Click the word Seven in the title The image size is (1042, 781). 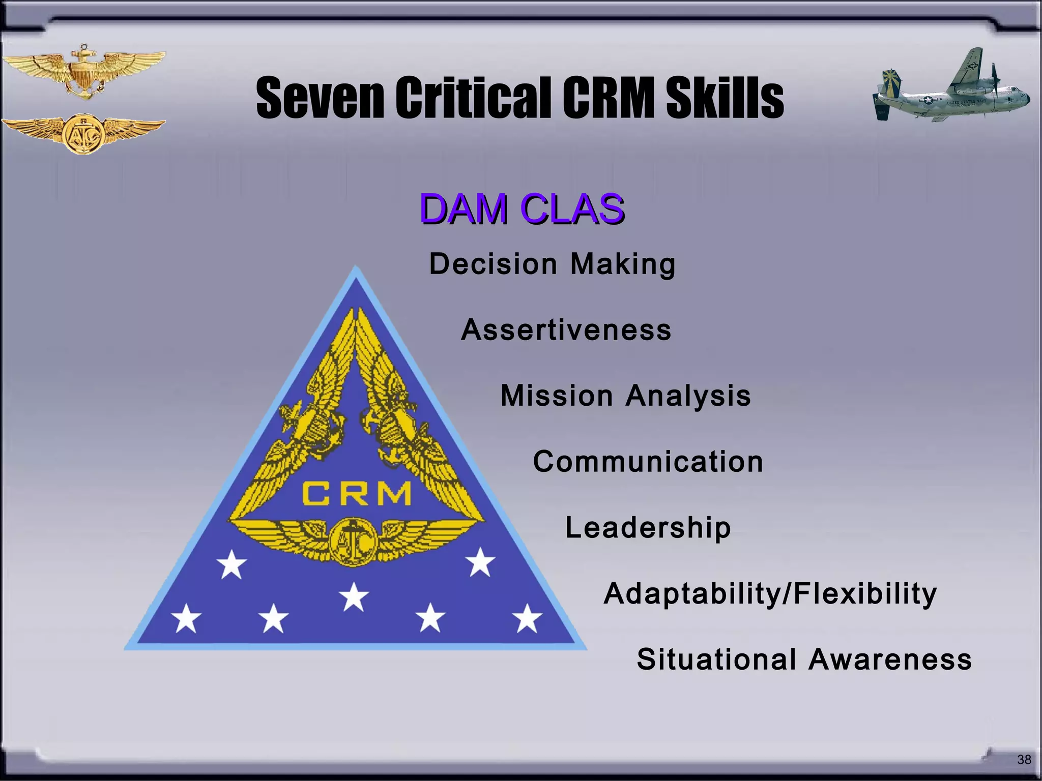point(320,98)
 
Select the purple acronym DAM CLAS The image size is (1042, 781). point(522,209)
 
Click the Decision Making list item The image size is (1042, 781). point(552,264)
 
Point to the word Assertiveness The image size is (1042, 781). point(566,330)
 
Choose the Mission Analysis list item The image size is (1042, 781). point(625,396)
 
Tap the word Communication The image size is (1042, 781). point(648,462)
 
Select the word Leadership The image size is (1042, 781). point(648,528)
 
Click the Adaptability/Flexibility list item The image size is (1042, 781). point(770,593)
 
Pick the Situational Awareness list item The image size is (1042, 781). point(804,659)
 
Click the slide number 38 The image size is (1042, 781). point(1024,760)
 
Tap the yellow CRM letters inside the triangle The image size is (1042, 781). point(356,494)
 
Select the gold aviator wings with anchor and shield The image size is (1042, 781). point(83,71)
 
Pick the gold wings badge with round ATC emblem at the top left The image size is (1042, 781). point(83,133)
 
